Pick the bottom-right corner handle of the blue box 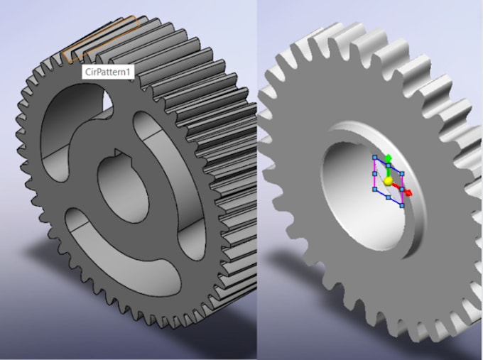click(402, 205)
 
